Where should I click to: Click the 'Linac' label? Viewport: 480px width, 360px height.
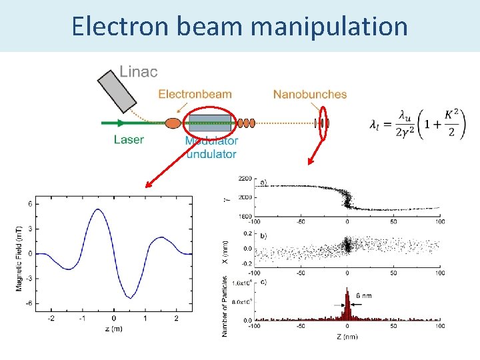[x=139, y=71]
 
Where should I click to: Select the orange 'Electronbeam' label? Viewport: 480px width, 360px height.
[x=195, y=94]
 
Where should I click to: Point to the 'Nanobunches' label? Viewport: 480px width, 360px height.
[x=310, y=94]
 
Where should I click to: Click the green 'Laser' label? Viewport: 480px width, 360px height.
[x=129, y=139]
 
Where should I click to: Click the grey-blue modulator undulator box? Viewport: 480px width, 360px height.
[x=210, y=123]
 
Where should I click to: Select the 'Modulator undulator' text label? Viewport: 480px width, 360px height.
[x=211, y=147]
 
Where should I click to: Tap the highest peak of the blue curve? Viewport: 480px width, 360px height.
[x=98, y=209]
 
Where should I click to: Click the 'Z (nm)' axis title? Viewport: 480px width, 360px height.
[x=347, y=336]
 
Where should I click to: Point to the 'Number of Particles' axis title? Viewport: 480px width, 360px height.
[x=225, y=306]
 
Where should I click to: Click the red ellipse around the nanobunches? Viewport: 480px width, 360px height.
[x=324, y=123]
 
